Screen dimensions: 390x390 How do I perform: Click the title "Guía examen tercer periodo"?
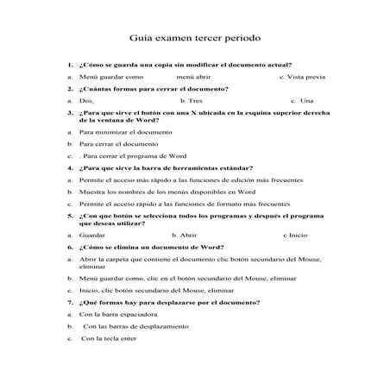194,39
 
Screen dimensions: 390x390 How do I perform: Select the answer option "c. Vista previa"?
302,77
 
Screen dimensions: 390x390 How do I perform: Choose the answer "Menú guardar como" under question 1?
116,77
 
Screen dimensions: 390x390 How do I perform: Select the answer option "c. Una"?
301,100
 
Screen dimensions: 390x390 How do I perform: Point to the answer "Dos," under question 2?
85,100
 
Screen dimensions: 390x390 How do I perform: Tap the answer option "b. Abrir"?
185,235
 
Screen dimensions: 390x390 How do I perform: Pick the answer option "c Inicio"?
295,235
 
